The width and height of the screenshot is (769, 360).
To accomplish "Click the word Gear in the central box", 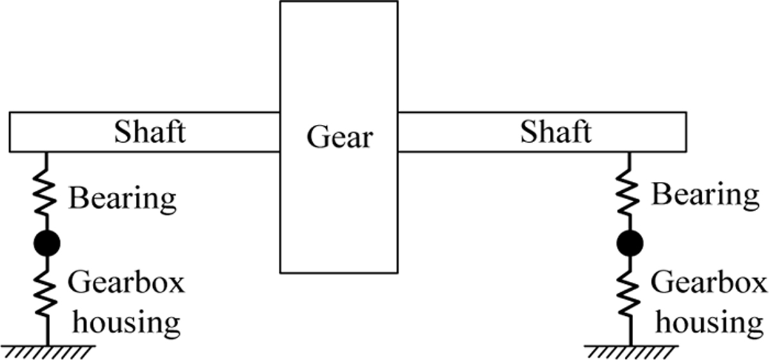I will pyautogui.click(x=339, y=136).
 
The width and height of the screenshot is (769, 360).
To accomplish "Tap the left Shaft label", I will pyautogui.click(x=150, y=133).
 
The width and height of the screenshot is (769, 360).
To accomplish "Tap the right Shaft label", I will pyautogui.click(x=556, y=133).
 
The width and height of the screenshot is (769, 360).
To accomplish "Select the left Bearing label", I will pyautogui.click(x=122, y=199).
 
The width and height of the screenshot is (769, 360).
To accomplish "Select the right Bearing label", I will pyautogui.click(x=705, y=194).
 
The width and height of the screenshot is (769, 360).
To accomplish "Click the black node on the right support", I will pyautogui.click(x=631, y=243).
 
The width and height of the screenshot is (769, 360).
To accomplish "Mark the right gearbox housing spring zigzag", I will pyautogui.click(x=631, y=291).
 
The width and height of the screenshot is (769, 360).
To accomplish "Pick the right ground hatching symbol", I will pyautogui.click(x=631, y=350).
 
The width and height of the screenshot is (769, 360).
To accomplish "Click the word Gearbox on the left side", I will pyautogui.click(x=126, y=282).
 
